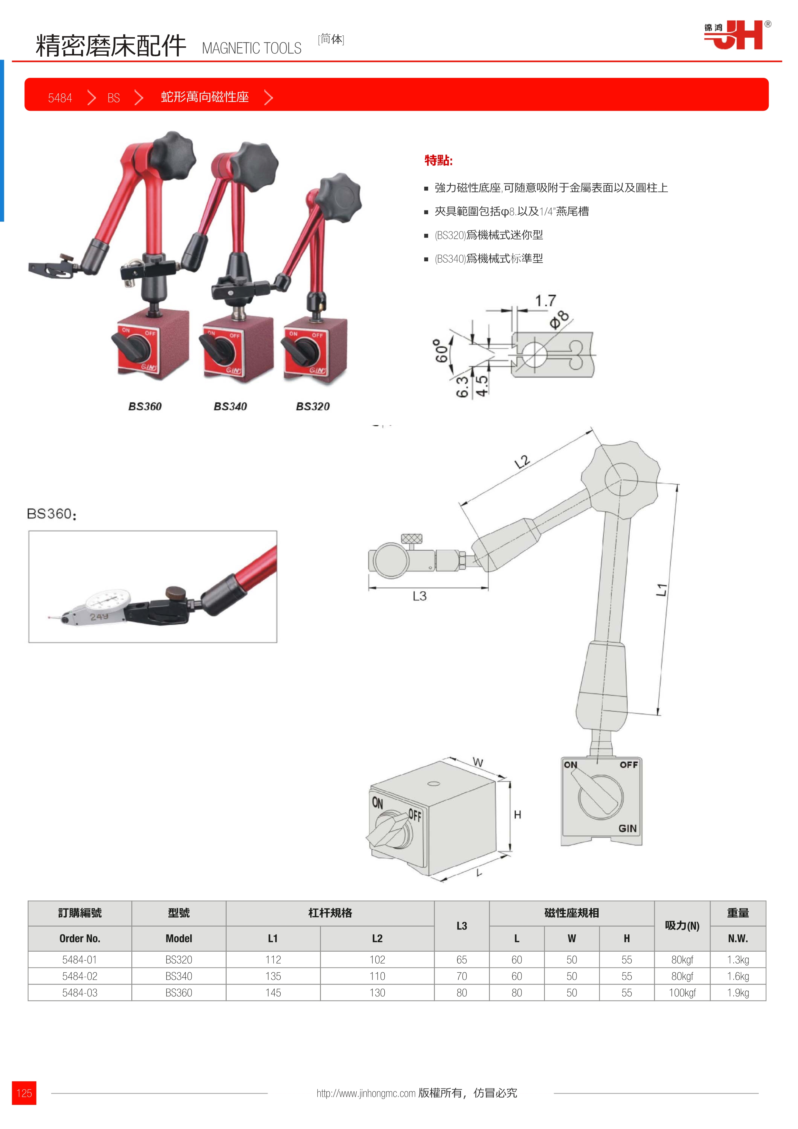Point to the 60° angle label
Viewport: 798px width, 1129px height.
point(442,350)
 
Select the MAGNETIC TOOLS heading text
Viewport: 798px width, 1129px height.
point(251,48)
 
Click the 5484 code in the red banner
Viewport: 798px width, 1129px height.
point(60,98)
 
